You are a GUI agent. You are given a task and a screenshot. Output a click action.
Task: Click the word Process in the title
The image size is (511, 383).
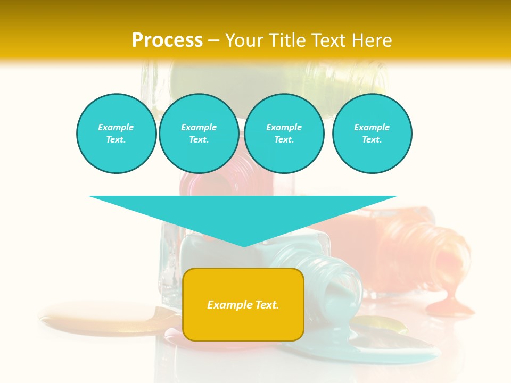coord(167,40)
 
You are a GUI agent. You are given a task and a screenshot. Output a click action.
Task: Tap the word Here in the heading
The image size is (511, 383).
coord(370,40)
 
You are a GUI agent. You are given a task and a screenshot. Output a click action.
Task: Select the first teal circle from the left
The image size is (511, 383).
coord(117,134)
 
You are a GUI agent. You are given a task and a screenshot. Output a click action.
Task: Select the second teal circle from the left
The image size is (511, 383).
coord(199,134)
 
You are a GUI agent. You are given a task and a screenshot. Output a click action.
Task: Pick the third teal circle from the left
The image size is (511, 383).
coord(284,134)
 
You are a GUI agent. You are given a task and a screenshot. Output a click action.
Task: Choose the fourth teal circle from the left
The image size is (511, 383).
coord(372,134)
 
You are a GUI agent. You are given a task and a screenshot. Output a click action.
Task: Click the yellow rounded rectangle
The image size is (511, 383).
coord(243,324)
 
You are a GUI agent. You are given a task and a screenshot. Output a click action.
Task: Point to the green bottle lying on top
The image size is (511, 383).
coord(277,80)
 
